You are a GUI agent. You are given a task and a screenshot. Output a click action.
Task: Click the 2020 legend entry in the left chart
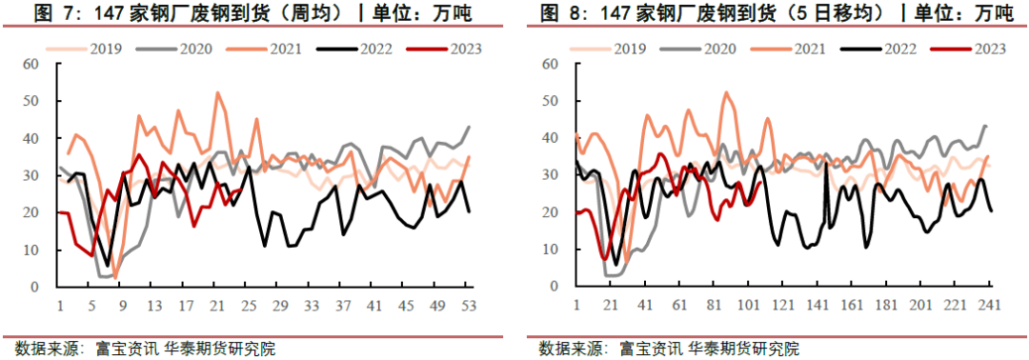(193, 48)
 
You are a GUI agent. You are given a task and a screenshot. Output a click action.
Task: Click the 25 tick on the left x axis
(249, 306)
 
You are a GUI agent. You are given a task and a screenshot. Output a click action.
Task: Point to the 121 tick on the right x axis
(783, 306)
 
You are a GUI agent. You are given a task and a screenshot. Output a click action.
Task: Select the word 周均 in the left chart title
(317, 12)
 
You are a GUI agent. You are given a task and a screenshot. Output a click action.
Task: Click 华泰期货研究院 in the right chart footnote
(743, 348)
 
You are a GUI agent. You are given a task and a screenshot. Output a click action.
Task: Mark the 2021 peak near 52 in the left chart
(217, 92)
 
